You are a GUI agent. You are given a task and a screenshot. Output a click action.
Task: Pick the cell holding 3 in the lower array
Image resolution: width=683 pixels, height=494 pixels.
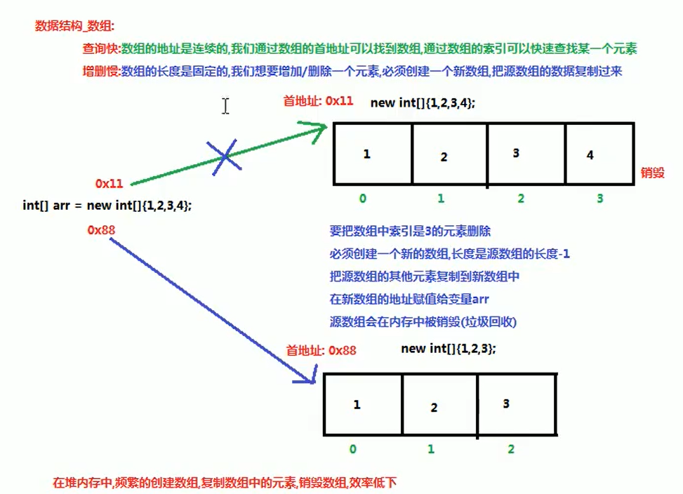pos(517,406)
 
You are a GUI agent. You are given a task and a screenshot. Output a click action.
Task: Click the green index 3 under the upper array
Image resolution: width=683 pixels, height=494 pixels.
pos(599,199)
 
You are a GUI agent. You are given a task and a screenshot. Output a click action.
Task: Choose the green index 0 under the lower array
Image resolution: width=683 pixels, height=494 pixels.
pos(352,448)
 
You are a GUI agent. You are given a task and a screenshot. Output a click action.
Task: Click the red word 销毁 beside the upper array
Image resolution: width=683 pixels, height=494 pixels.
pos(652,172)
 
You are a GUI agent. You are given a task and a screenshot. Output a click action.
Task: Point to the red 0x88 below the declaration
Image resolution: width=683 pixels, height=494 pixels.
pos(101,229)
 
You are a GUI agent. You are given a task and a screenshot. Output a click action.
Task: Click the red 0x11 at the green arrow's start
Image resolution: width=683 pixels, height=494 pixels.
pos(110,184)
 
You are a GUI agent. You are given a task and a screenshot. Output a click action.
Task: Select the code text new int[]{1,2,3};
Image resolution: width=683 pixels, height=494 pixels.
pos(449,349)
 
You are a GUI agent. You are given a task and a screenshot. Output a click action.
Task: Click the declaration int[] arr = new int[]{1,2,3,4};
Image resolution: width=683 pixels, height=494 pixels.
pos(107,206)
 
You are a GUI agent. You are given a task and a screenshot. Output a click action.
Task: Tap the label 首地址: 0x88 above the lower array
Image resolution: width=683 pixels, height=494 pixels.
pos(321,349)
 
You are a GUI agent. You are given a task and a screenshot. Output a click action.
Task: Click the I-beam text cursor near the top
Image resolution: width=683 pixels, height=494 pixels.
pos(225,106)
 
